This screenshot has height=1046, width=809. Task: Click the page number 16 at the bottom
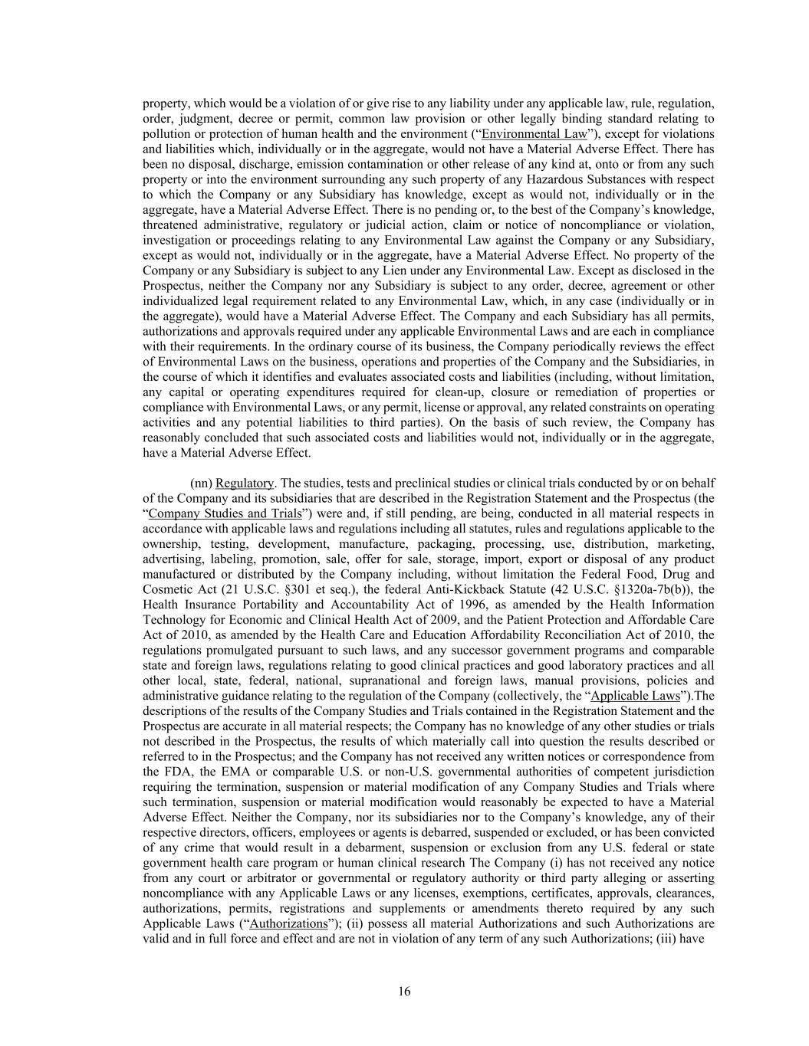(x=404, y=992)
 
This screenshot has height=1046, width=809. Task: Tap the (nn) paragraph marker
(x=201, y=484)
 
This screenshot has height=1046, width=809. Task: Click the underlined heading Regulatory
(x=244, y=484)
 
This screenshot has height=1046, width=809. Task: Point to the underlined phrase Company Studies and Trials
(x=225, y=513)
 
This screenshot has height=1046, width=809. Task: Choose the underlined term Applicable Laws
(x=635, y=696)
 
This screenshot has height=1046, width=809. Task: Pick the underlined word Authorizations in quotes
(x=288, y=923)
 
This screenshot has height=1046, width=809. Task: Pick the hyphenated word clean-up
(x=455, y=392)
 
